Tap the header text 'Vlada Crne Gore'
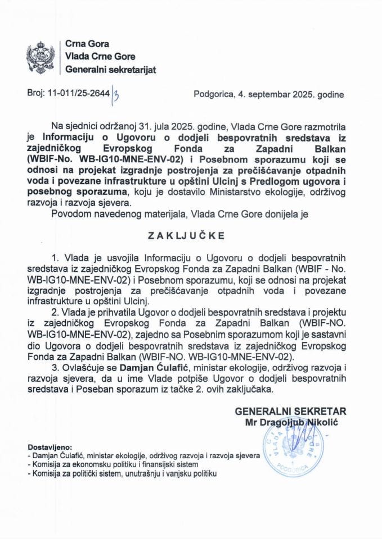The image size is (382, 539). pos(97,57)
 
